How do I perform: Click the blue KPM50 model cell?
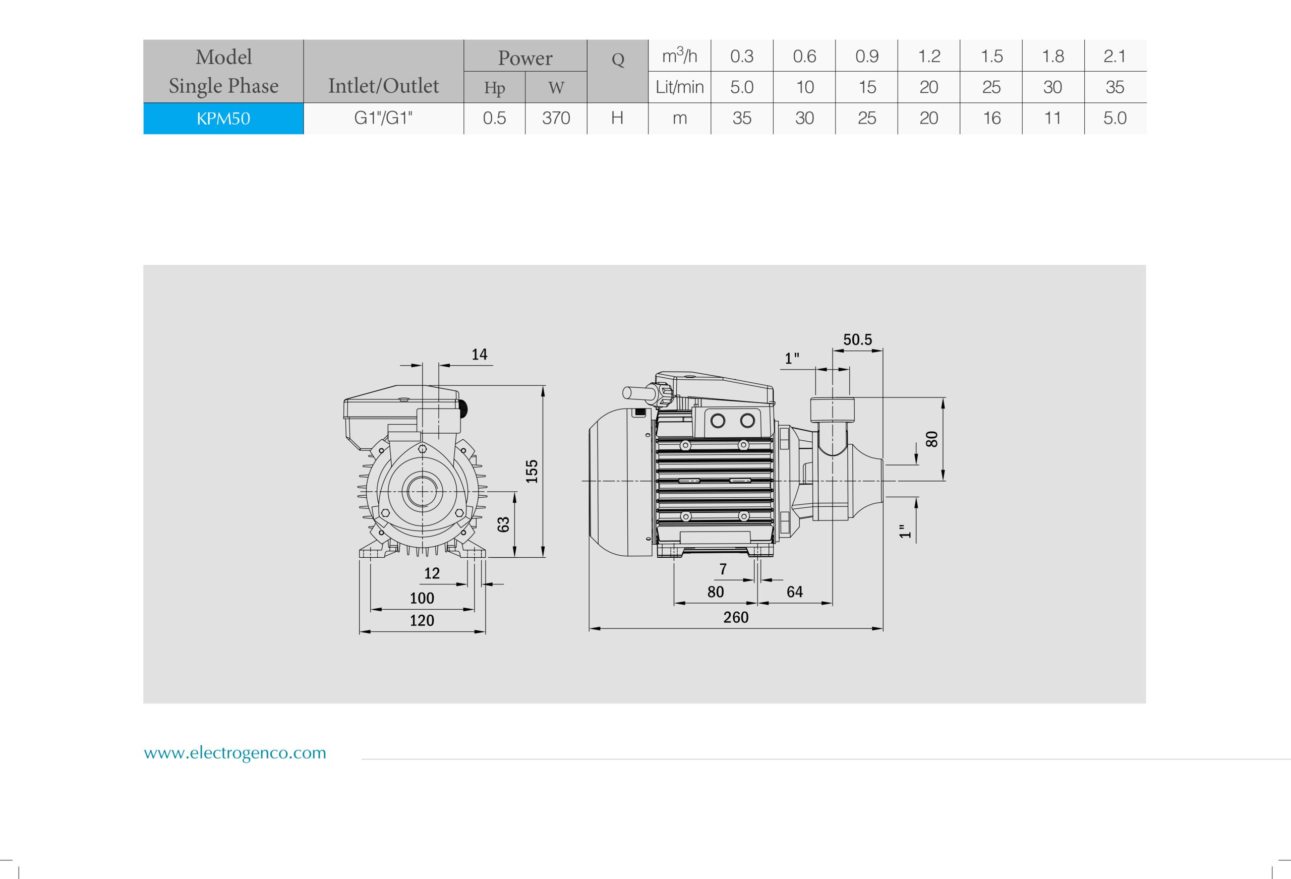223,119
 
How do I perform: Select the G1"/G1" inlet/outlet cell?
383,119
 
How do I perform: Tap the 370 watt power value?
556,119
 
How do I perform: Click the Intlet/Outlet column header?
383,86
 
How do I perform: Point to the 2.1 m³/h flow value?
1114,56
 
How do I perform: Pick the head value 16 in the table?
991,119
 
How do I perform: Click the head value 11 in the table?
1052,119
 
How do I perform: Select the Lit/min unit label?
679,87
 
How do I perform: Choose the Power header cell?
525,57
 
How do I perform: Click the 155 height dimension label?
532,471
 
